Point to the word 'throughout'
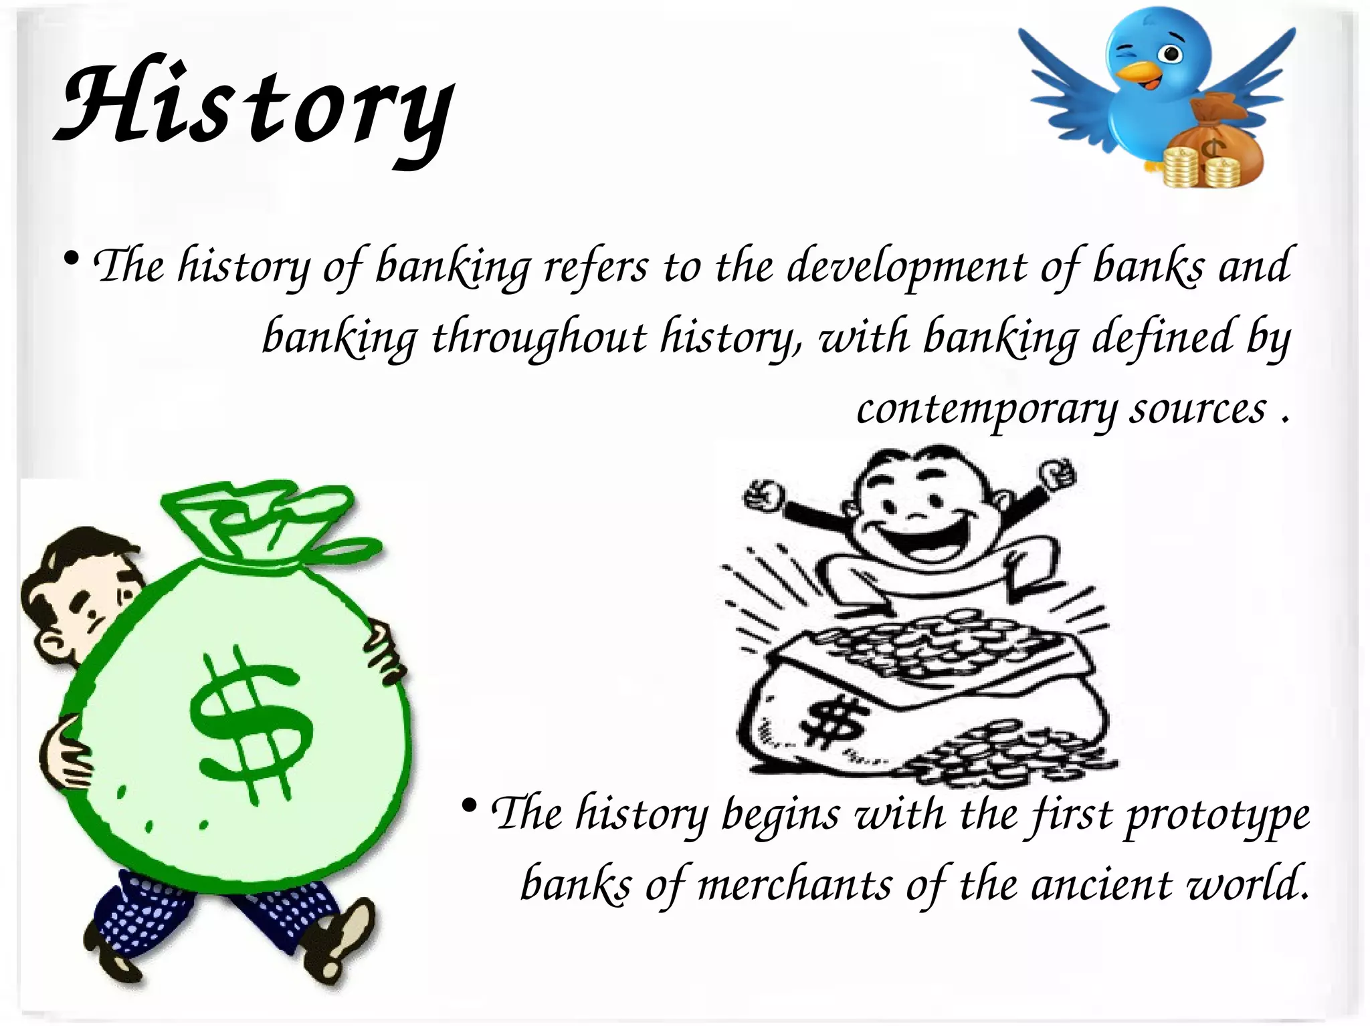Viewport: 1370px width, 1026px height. [x=539, y=338]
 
